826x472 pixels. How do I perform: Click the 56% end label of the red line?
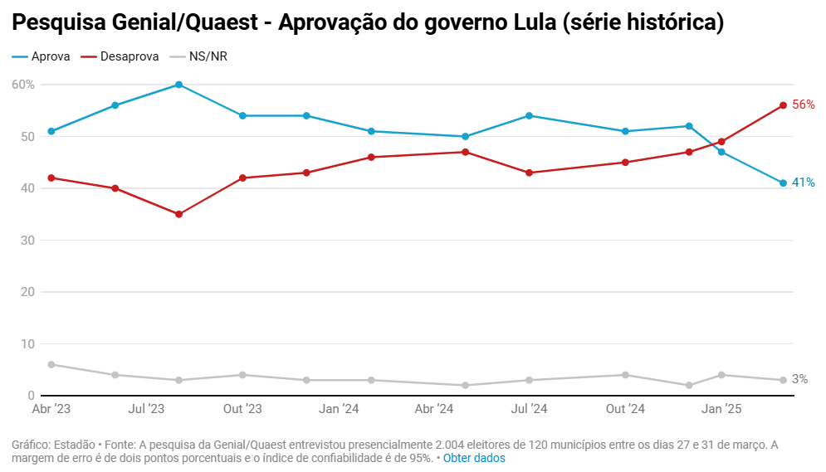point(803,105)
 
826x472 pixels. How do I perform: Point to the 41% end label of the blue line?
point(803,182)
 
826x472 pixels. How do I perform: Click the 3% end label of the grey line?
point(799,379)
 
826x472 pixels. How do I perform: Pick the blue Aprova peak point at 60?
point(178,85)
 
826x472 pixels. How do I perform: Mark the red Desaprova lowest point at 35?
point(178,214)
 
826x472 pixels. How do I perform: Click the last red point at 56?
point(783,105)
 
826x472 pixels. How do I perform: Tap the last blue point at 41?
point(783,183)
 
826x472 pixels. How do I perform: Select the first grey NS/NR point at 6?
point(51,364)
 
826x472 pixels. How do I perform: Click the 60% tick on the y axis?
point(23,85)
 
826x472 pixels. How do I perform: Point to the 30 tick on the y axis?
point(27,241)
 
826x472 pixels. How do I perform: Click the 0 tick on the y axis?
point(30,396)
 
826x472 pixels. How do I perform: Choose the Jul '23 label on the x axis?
point(146,409)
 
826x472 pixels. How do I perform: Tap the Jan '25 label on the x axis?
point(721,409)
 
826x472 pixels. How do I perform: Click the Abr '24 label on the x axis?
point(433,409)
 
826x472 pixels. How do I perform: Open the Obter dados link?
point(474,458)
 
